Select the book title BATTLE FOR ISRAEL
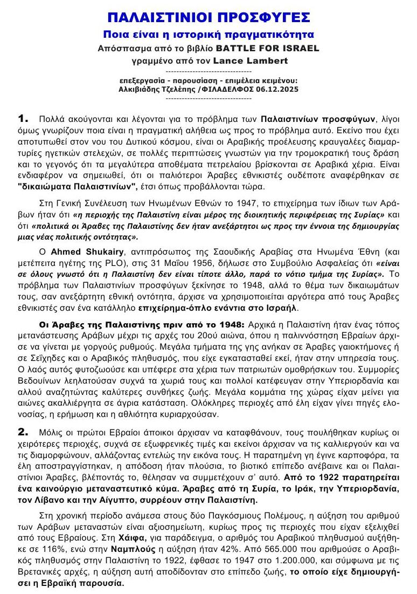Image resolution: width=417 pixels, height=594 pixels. [277, 47]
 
